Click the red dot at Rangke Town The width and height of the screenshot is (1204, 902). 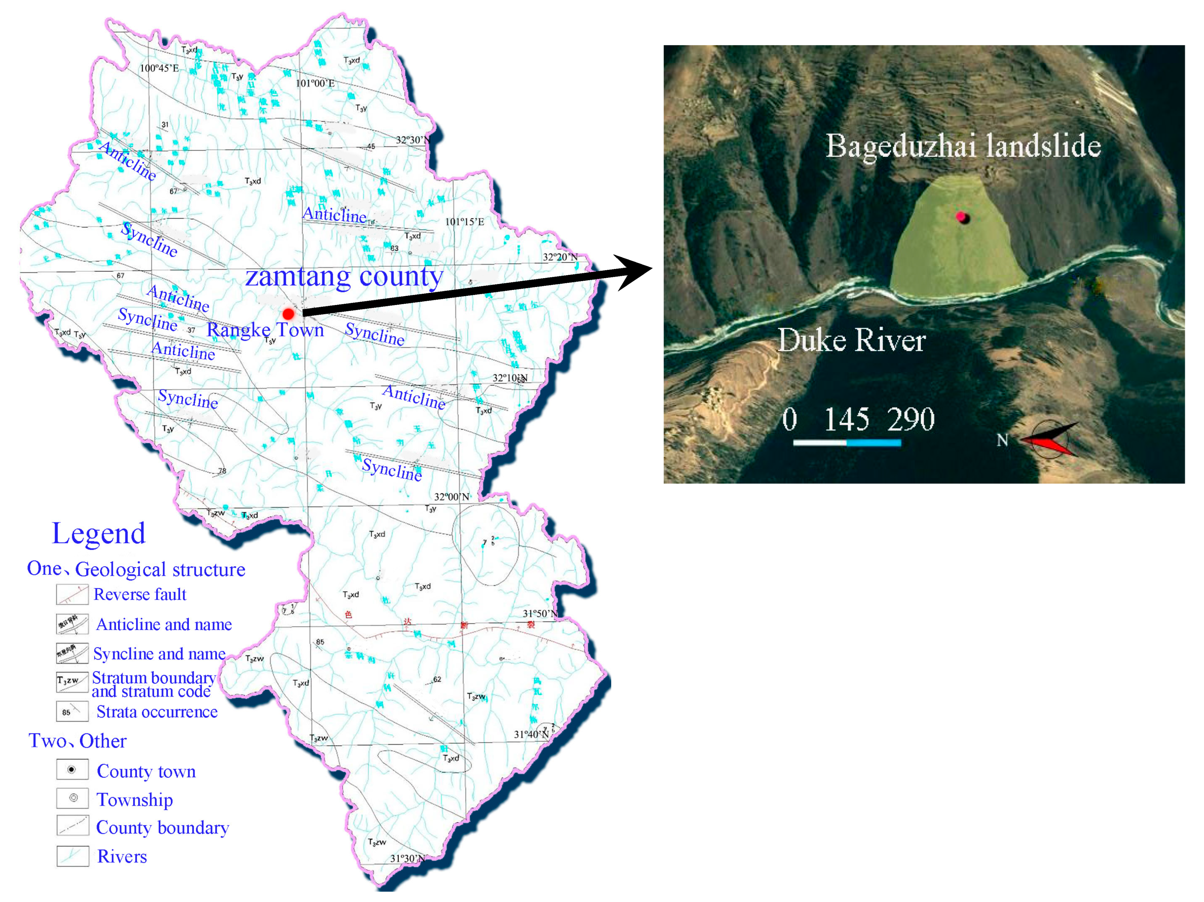(288, 314)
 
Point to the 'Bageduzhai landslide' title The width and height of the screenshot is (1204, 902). (963, 146)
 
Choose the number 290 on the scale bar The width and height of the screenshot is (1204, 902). (910, 420)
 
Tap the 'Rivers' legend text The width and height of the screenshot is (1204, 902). (122, 857)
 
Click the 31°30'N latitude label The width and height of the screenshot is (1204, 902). (407, 858)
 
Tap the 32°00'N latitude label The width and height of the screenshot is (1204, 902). (451, 497)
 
